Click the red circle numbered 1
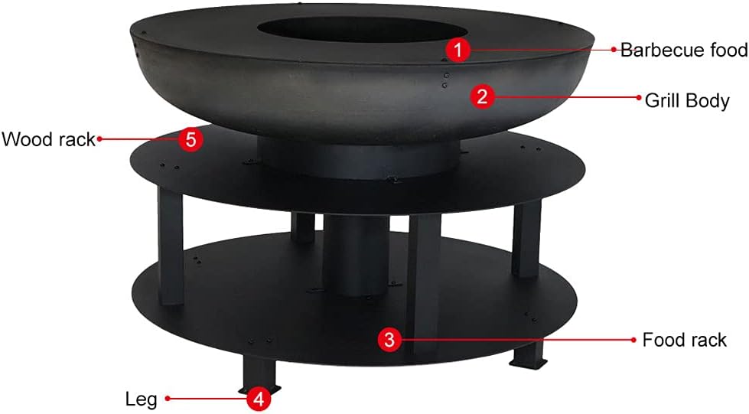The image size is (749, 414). click(x=458, y=51)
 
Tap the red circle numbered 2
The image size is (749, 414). click(x=482, y=96)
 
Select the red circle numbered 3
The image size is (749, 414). click(x=390, y=340)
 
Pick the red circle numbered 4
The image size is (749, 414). click(x=259, y=398)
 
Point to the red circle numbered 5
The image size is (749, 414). click(x=191, y=139)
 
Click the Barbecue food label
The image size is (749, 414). click(x=683, y=51)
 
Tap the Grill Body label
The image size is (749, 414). click(x=686, y=99)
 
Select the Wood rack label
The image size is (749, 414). click(x=47, y=139)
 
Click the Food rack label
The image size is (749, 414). click(x=684, y=340)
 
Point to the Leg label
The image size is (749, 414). click(x=141, y=399)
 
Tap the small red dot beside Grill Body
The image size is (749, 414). click(x=640, y=97)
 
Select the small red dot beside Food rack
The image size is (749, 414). click(x=634, y=340)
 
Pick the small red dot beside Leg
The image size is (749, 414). click(x=167, y=398)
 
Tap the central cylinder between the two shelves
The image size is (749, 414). click(x=356, y=253)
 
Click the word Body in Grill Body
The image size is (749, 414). click(x=708, y=100)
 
